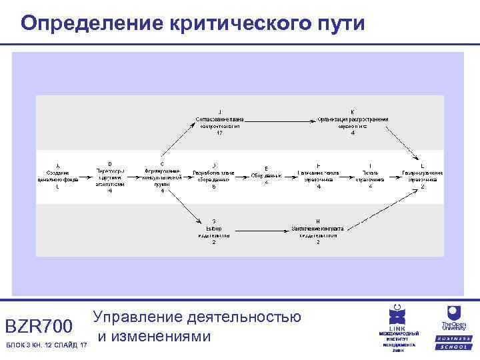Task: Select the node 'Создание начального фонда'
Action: click(x=57, y=176)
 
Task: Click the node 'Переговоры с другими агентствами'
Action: click(x=109, y=176)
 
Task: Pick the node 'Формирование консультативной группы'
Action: click(x=163, y=176)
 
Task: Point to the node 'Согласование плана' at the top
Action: click(x=219, y=123)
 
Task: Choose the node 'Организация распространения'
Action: click(x=352, y=123)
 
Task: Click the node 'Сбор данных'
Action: click(x=266, y=175)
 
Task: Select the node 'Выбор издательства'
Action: click(x=213, y=231)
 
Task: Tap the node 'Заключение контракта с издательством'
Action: click(x=318, y=231)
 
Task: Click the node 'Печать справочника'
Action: click(x=371, y=176)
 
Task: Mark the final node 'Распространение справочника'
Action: click(x=422, y=176)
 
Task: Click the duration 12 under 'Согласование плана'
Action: click(x=219, y=133)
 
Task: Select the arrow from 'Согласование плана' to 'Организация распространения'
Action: click(x=280, y=120)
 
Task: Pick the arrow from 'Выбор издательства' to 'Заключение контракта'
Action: click(x=260, y=229)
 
